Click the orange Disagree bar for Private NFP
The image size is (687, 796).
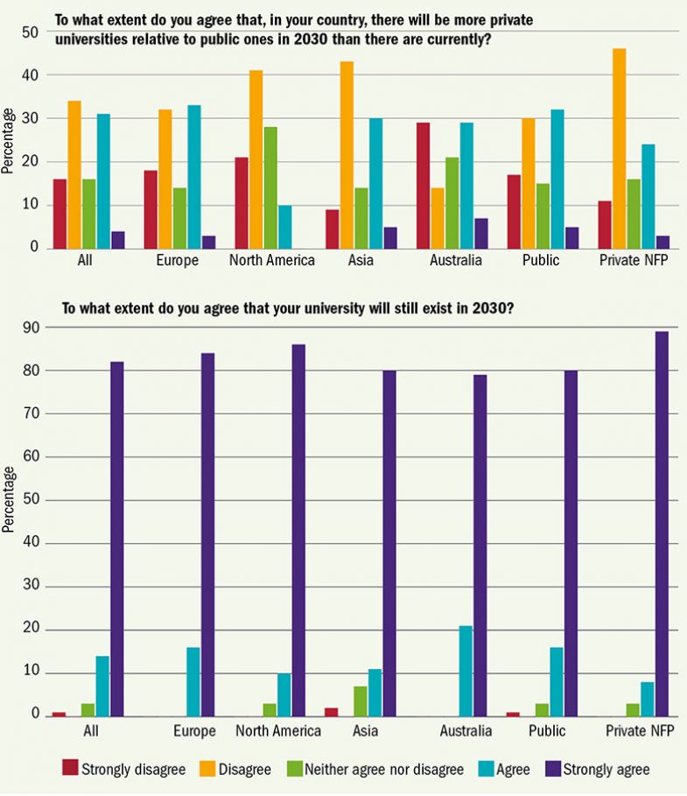[619, 148]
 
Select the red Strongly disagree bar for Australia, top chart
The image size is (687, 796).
[423, 185]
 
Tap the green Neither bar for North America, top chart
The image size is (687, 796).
[270, 187]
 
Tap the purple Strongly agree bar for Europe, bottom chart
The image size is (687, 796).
[207, 534]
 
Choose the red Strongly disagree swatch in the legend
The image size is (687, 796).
[70, 769]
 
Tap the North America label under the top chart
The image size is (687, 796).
[271, 260]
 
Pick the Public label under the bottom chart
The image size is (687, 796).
[549, 730]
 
